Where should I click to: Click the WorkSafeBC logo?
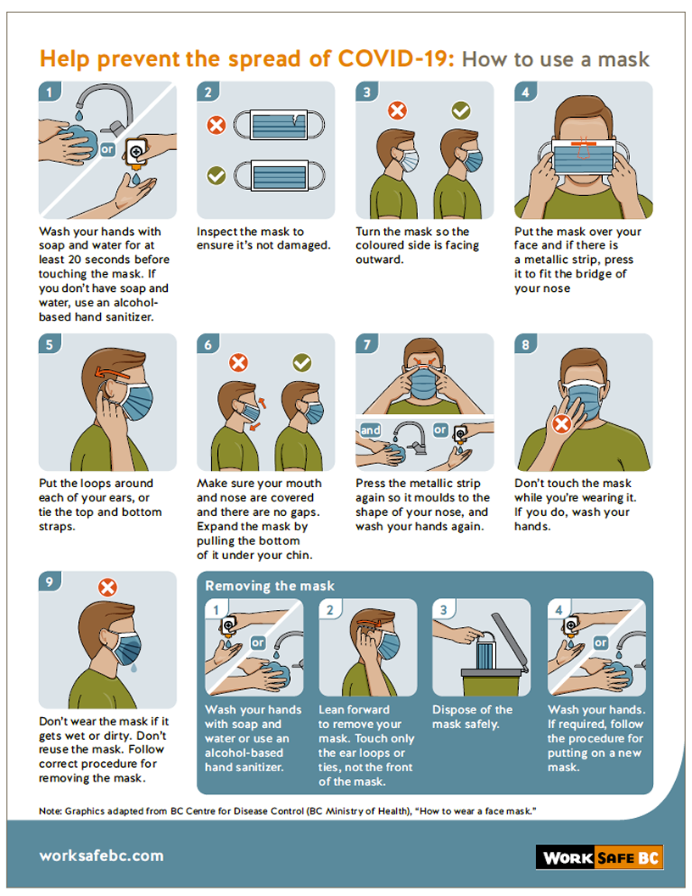pos(599,857)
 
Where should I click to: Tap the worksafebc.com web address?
pos(101,855)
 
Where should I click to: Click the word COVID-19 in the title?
pos(396,59)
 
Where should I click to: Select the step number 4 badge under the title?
pos(525,92)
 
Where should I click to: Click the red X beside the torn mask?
pos(216,125)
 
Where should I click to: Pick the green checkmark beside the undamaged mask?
pos(216,175)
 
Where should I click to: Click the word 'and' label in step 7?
pos(371,429)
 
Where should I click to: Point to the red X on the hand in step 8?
pos(561,423)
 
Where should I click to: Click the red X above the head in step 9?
pos(108,587)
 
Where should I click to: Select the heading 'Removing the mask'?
pos(270,585)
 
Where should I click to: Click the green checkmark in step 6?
pos(302,362)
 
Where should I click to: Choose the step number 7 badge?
pos(366,344)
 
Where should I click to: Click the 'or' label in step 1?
pos(108,149)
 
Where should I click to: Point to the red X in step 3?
pos(398,110)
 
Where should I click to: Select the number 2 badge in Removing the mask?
pos(330,609)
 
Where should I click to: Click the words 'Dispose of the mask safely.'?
pos(472,717)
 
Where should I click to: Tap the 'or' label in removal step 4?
pos(600,643)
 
